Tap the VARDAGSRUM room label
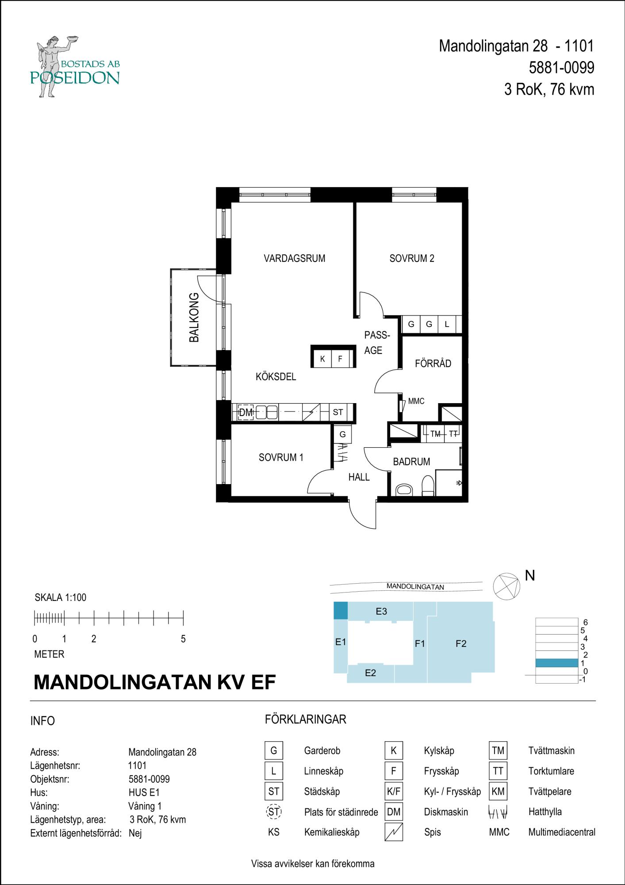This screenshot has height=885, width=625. click(x=295, y=258)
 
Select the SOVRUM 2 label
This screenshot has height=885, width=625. click(x=412, y=258)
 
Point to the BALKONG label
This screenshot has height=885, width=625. click(x=194, y=317)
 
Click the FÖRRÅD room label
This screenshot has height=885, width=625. click(x=433, y=363)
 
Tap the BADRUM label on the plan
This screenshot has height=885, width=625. click(x=411, y=462)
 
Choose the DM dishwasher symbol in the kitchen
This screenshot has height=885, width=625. click(x=245, y=412)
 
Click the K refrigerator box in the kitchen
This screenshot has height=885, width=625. click(x=322, y=359)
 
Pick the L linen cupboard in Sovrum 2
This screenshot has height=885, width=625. click(x=447, y=324)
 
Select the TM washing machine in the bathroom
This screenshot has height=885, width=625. click(x=436, y=434)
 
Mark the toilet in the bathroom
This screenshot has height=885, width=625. click(x=428, y=486)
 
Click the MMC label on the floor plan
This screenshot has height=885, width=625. click(x=416, y=401)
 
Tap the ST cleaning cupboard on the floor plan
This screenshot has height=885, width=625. click(x=338, y=412)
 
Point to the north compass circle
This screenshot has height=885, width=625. click(x=506, y=586)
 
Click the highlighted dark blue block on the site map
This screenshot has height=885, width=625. click(x=340, y=610)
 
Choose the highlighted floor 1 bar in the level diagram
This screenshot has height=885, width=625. click(x=556, y=663)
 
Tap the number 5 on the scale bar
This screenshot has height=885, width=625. click(x=183, y=639)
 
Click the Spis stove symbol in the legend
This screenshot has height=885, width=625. click(x=394, y=832)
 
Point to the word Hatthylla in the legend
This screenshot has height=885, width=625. click(x=545, y=812)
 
